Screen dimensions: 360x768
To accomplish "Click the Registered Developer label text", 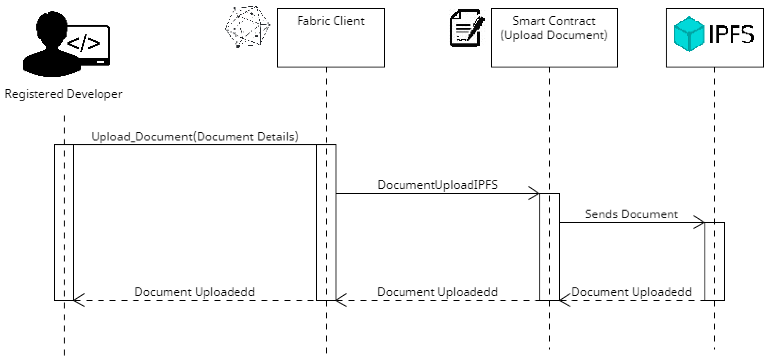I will (63, 94).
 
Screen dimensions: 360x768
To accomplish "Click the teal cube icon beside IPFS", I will (689, 34).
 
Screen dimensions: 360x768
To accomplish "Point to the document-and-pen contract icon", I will (466, 28).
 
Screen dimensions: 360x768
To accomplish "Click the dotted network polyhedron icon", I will (247, 27).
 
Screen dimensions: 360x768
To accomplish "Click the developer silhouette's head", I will (52, 25).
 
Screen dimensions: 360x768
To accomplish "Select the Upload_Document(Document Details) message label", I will (194, 136).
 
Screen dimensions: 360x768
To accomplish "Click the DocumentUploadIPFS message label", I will (437, 185).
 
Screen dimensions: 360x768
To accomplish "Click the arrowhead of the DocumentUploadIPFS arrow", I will (535, 193).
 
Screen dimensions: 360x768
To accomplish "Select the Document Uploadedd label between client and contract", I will (437, 292).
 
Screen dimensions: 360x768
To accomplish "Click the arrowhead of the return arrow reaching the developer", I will (78, 300).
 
